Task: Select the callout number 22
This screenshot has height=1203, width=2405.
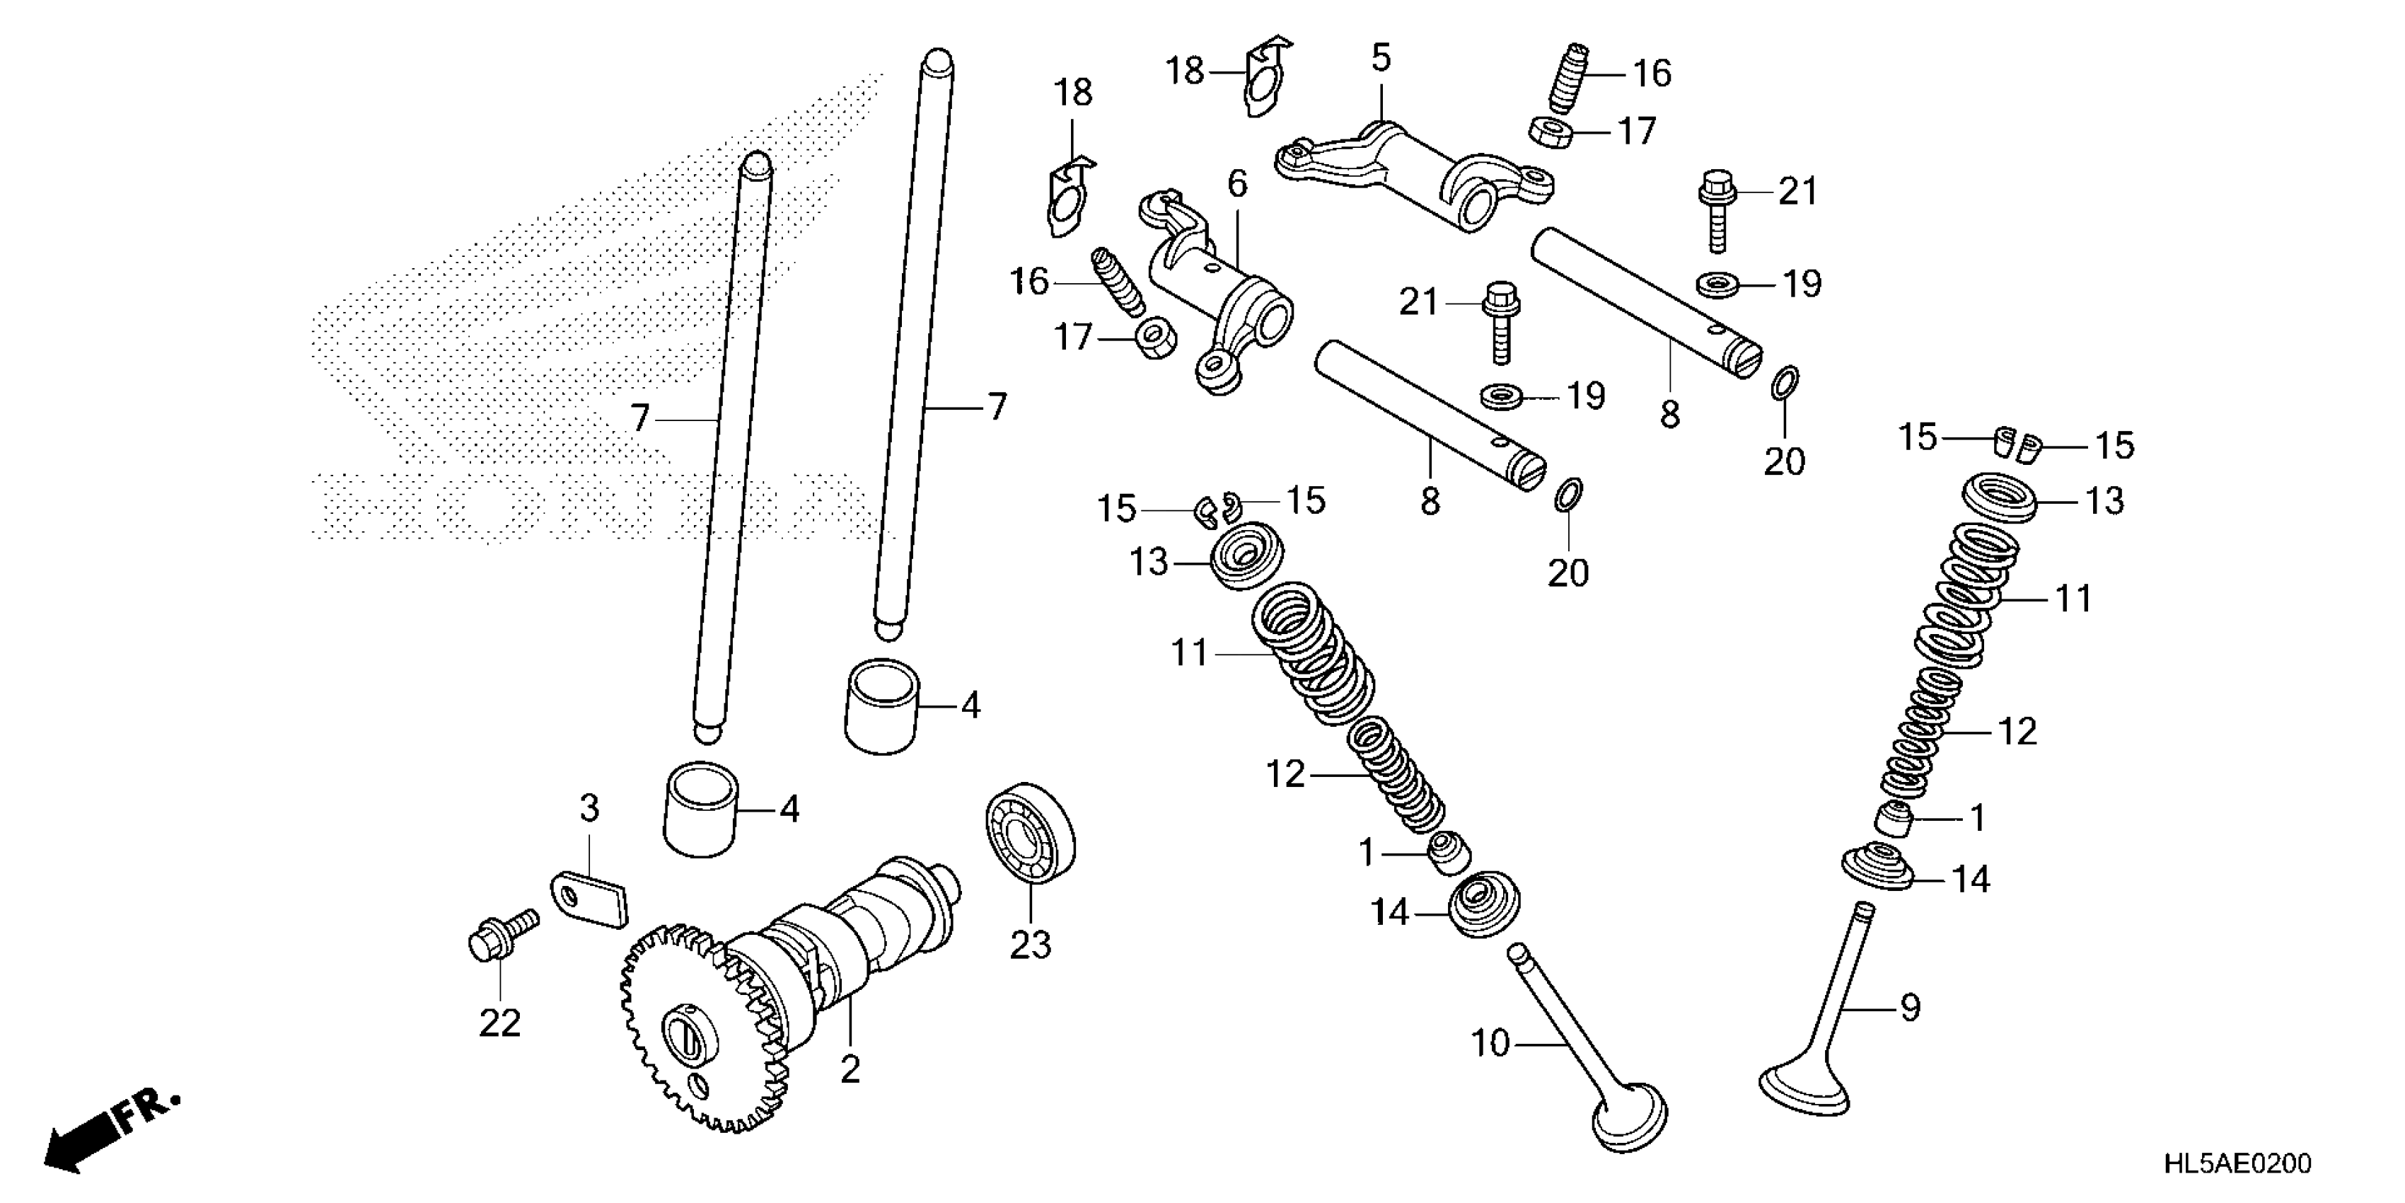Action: pyautogui.click(x=499, y=1024)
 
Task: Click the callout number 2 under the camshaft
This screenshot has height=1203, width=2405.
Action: pyautogui.click(x=850, y=1069)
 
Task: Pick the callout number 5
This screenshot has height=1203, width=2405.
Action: pyautogui.click(x=1381, y=58)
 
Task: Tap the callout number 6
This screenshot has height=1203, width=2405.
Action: pyautogui.click(x=1237, y=184)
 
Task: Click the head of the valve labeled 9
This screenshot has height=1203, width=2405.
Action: pyautogui.click(x=1804, y=1092)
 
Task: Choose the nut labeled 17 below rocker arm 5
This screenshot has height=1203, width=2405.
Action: pyautogui.click(x=1552, y=132)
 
